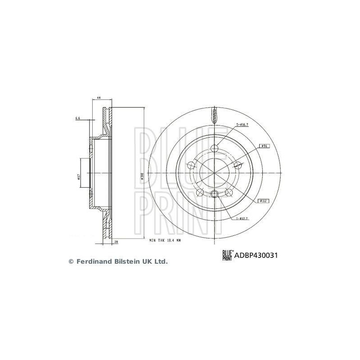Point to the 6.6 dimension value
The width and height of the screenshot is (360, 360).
click(78, 118)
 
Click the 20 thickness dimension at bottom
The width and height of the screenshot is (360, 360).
click(117, 241)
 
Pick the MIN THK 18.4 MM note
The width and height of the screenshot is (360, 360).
click(165, 241)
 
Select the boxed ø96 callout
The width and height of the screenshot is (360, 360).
click(265, 146)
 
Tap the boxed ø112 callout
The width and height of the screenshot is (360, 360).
click(264, 201)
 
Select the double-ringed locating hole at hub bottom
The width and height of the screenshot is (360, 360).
click(214, 194)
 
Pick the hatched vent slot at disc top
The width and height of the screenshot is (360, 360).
click(214, 116)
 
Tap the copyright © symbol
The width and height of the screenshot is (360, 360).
click(70, 261)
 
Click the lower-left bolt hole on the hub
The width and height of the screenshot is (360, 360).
click(199, 192)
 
